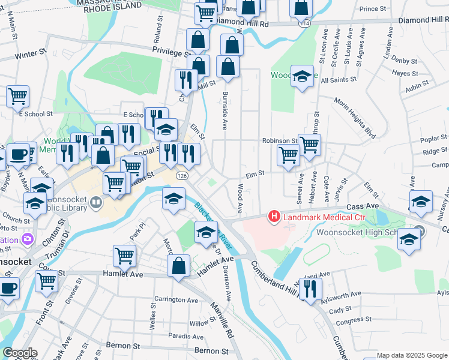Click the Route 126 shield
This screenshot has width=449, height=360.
[182, 176]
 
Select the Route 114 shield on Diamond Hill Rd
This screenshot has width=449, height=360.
[306, 23]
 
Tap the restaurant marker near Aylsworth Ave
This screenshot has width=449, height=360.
[310, 289]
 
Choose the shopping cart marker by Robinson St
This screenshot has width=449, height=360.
[309, 145]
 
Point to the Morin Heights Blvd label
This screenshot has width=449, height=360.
[354, 117]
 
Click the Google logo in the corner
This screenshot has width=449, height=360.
[19, 353]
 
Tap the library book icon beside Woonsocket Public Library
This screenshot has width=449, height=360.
[96, 203]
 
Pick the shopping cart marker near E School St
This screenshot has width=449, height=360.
[18, 96]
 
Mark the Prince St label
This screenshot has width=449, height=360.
[373, 9]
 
